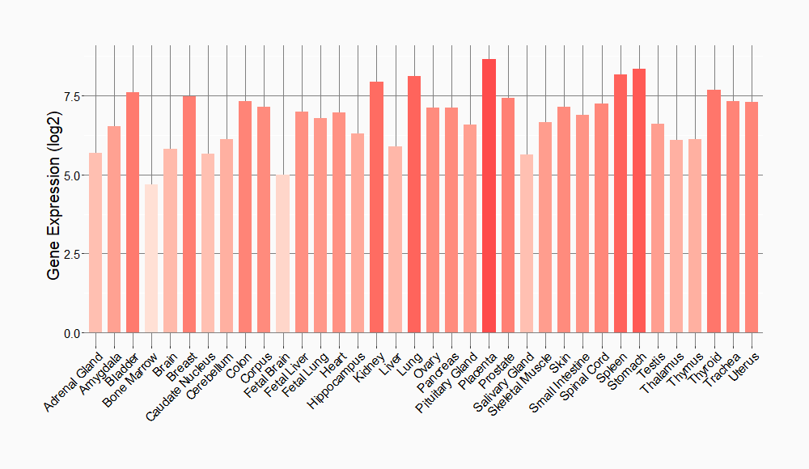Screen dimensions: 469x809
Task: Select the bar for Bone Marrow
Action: pos(151,259)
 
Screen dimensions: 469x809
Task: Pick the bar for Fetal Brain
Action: pos(282,254)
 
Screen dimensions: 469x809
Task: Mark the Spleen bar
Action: pos(621,203)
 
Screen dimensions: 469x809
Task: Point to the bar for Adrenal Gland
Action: pos(95,243)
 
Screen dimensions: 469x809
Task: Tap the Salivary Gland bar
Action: pos(527,243)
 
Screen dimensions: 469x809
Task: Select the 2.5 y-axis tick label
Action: pos(73,254)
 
